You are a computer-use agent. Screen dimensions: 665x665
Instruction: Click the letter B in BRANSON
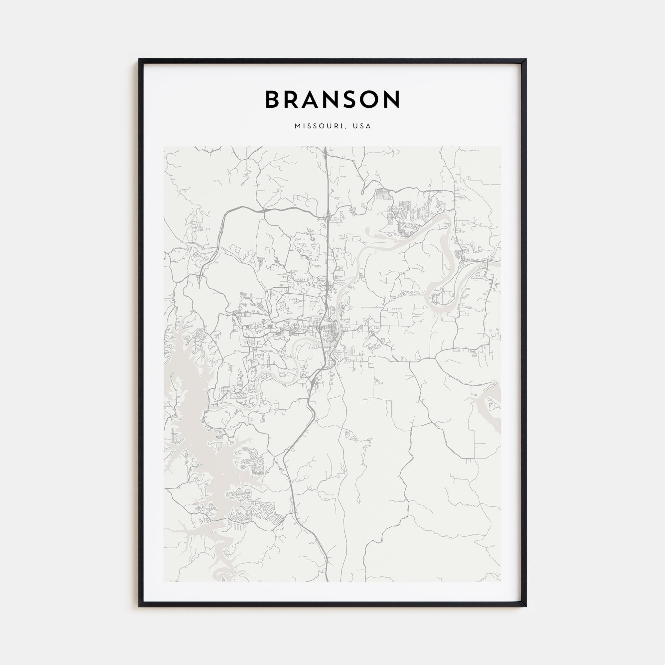[272, 99]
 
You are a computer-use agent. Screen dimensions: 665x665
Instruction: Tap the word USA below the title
[362, 126]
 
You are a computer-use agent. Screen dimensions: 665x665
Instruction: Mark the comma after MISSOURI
[344, 128]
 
